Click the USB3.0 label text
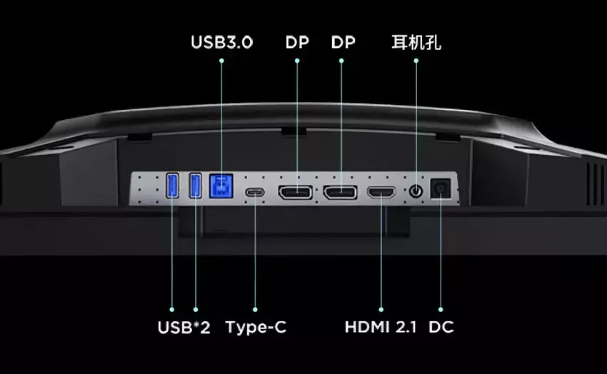tap(222, 42)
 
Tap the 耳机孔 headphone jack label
tap(416, 42)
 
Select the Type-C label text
tap(256, 328)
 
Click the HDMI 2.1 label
tap(381, 327)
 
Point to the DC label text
tap(441, 327)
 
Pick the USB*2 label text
tap(184, 328)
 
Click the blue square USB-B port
tap(221, 186)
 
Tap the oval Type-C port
tap(255, 192)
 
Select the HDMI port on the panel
tap(381, 192)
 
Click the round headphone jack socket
tap(416, 191)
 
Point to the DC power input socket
tap(441, 188)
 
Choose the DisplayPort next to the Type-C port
tap(296, 192)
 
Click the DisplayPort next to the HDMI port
tap(340, 192)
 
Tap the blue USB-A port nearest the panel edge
tap(172, 186)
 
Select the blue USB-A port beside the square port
tap(196, 186)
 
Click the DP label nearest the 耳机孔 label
tap(343, 42)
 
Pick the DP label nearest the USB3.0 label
tap(297, 42)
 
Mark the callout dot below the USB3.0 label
tap(221, 61)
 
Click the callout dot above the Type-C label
tap(255, 310)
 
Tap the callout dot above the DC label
tap(441, 310)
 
